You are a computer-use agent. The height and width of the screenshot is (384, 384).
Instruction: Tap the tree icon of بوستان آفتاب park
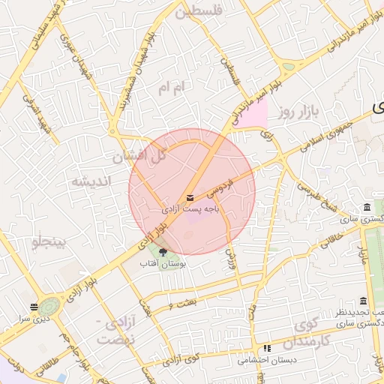(163, 252)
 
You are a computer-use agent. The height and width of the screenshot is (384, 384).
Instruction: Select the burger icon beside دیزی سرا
(34, 307)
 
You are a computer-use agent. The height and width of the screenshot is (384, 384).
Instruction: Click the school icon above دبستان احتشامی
(267, 348)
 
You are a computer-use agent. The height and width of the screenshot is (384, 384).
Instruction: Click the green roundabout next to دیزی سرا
(50, 306)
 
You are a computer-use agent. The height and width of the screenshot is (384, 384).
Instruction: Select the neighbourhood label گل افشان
(138, 157)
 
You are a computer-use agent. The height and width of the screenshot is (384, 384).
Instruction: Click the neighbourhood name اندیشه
(91, 182)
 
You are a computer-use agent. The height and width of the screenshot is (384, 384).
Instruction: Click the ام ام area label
(169, 88)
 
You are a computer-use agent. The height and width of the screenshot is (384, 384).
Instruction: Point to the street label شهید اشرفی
(37, 115)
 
